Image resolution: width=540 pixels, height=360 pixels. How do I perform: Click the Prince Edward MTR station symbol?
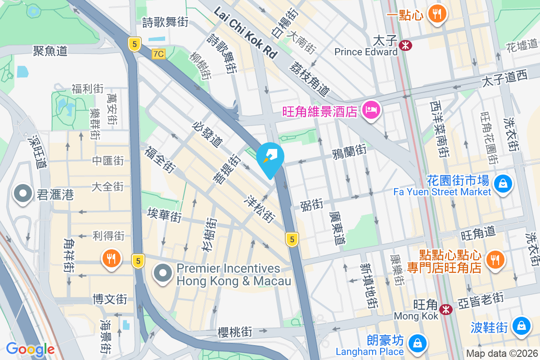point(405,45)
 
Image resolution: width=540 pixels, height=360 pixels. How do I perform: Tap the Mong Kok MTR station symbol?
point(446,309)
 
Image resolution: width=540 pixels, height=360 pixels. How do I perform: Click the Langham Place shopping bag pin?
point(418,344)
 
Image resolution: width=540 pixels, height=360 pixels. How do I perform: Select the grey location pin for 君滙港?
point(22,194)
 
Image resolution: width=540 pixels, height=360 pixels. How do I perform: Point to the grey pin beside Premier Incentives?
point(162,274)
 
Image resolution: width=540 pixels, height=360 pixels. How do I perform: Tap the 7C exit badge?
point(158,54)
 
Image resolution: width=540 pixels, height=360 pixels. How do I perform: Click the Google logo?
point(30,349)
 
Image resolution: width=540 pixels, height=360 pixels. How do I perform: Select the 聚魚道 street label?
point(50,50)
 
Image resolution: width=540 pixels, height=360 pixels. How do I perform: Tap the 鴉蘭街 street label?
point(349,153)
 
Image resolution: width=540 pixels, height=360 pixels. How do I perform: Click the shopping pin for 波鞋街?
point(521,326)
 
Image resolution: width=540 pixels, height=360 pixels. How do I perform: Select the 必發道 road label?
point(207,134)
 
